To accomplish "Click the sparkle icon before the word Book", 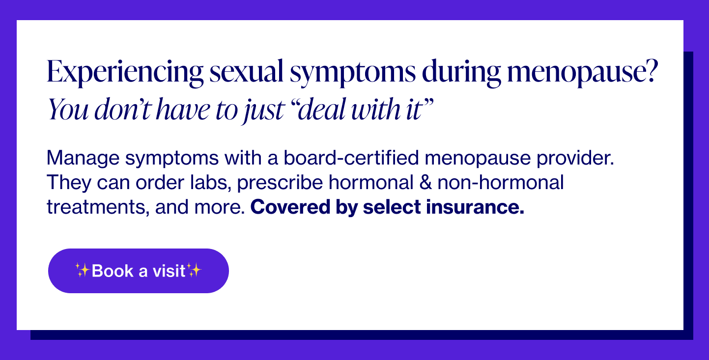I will (83, 270).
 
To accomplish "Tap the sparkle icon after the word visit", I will (194, 270).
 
